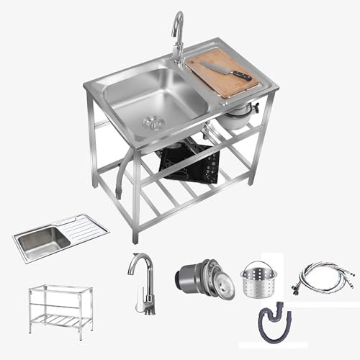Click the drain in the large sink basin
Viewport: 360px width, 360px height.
[152, 120]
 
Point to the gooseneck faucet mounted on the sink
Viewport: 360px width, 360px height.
[177, 37]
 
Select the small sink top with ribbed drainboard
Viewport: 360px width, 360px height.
[60, 238]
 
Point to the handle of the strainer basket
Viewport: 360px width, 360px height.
[262, 266]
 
